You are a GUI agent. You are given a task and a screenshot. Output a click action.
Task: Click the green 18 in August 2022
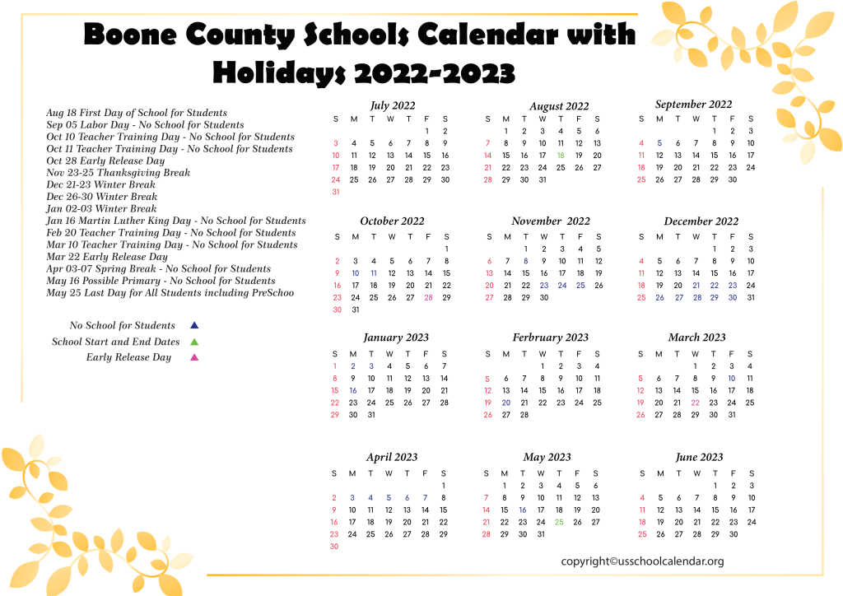(x=561, y=155)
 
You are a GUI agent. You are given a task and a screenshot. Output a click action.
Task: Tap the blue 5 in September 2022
(x=659, y=142)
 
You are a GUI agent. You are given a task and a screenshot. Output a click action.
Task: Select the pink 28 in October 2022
(x=428, y=297)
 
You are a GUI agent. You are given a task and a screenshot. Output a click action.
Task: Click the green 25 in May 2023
(x=559, y=521)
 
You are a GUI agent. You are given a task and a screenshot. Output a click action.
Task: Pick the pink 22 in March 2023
(x=696, y=403)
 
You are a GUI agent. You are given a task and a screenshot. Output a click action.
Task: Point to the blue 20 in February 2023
(x=505, y=403)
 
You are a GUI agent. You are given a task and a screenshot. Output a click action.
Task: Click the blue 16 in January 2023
(x=353, y=390)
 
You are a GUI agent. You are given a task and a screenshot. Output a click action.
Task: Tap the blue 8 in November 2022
(x=525, y=261)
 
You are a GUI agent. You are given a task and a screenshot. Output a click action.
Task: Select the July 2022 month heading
(x=393, y=105)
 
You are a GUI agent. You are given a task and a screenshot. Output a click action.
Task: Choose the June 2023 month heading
(x=699, y=457)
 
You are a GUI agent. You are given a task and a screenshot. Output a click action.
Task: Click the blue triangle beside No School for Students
(x=194, y=325)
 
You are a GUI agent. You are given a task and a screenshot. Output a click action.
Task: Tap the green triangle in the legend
(x=194, y=341)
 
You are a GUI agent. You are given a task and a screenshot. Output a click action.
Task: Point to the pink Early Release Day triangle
(x=194, y=357)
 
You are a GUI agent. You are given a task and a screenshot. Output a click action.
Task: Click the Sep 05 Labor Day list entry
(x=145, y=125)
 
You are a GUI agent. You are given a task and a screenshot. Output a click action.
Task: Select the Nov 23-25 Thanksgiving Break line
(x=119, y=173)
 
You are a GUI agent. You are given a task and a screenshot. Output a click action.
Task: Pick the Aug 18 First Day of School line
(x=137, y=113)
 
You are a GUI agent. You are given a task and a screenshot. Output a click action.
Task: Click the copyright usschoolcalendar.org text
(x=642, y=561)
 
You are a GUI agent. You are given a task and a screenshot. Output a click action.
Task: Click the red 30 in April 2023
(x=334, y=546)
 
